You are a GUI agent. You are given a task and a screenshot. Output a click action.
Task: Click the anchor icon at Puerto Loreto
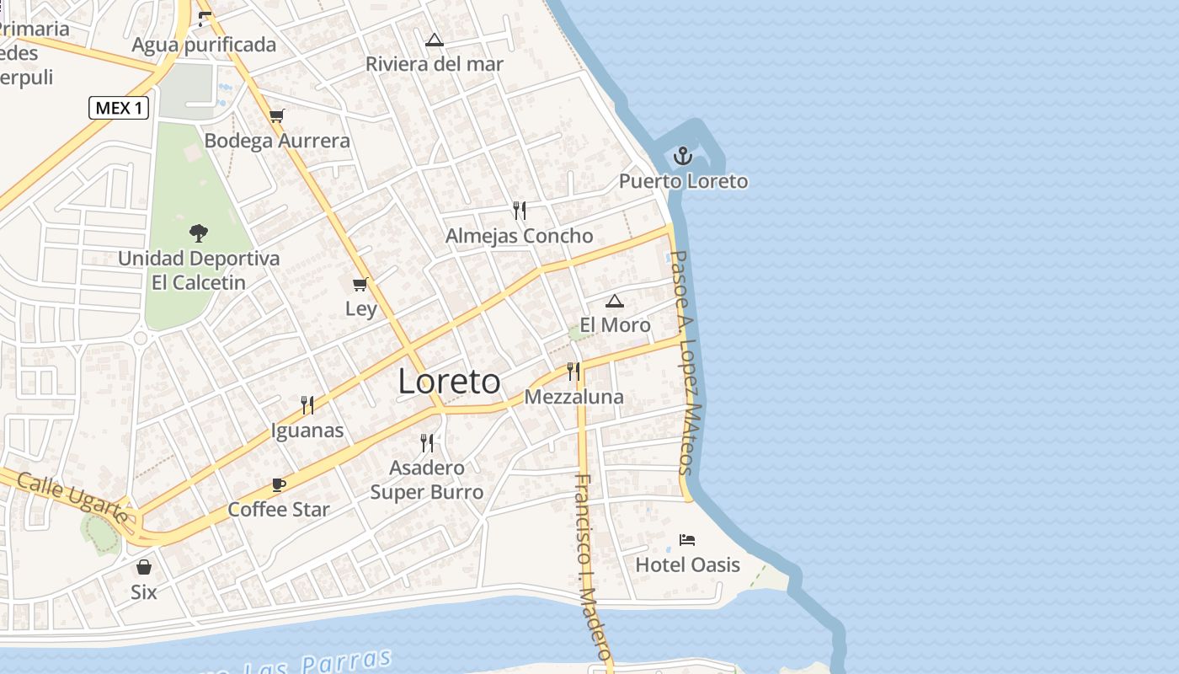tap(683, 156)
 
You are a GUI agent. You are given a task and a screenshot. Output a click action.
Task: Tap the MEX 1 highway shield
tap(119, 108)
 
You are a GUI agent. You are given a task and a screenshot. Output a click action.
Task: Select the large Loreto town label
tap(449, 382)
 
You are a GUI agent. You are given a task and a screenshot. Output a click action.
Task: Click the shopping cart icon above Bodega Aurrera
tap(277, 115)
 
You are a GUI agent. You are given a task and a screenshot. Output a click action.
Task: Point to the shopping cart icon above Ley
tap(360, 284)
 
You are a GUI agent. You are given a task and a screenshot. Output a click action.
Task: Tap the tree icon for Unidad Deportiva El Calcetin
tap(199, 233)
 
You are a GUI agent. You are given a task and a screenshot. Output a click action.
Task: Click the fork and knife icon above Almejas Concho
tap(520, 210)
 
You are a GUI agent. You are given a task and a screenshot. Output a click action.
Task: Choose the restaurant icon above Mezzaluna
tap(573, 371)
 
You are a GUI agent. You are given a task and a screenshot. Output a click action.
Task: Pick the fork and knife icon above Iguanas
tap(307, 405)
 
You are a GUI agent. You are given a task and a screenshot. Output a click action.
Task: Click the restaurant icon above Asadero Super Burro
tap(427, 442)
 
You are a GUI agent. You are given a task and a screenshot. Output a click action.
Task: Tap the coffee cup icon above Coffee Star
tap(279, 484)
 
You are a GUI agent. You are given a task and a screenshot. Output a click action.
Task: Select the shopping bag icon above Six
tap(144, 567)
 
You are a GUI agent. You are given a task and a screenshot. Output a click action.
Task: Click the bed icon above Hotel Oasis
tap(687, 540)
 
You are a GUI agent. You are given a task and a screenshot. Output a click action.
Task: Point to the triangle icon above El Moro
tap(615, 301)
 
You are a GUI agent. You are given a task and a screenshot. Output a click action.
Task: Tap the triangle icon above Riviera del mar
tap(434, 40)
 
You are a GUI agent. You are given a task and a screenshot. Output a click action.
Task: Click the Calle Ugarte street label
tap(72, 497)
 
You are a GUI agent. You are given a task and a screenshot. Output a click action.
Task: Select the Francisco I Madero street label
tap(592, 566)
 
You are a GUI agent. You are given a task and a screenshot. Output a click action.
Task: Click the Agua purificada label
tap(204, 45)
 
